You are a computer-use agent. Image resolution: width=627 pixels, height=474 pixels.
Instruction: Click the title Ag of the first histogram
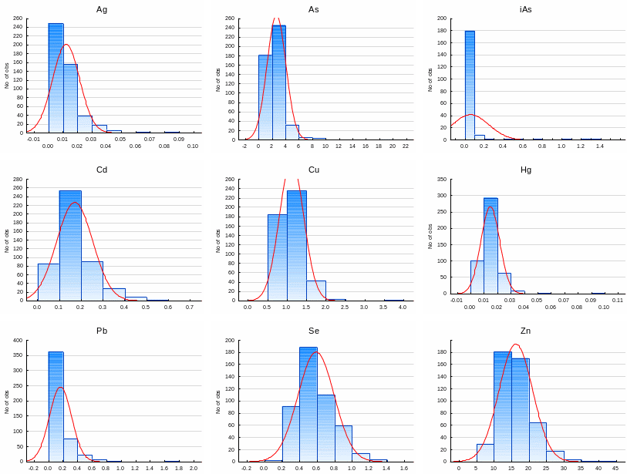(102, 9)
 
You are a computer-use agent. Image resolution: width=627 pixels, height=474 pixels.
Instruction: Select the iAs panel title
(526, 9)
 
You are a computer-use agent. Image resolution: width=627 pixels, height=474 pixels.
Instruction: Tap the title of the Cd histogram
(102, 170)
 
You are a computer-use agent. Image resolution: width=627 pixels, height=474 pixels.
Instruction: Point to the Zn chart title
(526, 331)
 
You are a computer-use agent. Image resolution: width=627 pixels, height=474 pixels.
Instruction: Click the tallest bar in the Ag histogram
(56, 77)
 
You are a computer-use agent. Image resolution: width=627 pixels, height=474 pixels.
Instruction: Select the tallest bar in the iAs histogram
(470, 85)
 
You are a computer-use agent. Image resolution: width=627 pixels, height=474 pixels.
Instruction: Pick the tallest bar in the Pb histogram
(56, 406)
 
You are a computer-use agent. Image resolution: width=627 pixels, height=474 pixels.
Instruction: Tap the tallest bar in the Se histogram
(308, 404)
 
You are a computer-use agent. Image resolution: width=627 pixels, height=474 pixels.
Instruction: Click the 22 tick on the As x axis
(406, 146)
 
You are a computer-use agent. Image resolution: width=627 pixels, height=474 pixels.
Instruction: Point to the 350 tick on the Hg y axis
(442, 179)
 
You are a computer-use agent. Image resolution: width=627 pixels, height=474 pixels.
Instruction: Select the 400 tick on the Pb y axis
(18, 340)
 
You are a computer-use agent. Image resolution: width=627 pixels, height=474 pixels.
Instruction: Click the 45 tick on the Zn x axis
(615, 468)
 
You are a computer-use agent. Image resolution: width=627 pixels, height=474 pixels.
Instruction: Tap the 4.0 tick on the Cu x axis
(402, 307)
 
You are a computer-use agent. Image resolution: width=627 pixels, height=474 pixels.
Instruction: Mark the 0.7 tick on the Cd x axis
(190, 307)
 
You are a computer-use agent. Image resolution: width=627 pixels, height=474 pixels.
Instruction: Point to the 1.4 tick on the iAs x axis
(600, 146)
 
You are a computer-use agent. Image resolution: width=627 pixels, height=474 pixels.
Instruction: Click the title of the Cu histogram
(314, 170)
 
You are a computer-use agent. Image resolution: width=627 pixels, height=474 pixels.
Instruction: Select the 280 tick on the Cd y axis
(18, 179)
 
